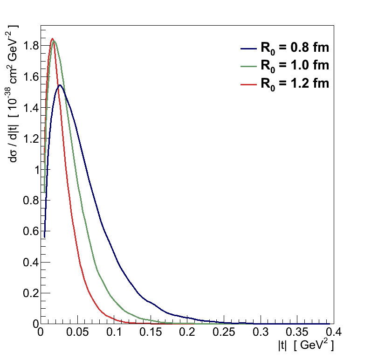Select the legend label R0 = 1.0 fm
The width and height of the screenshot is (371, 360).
tap(294, 65)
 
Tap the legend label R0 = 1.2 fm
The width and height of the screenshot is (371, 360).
tap(294, 83)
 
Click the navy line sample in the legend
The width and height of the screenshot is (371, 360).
tap(249, 48)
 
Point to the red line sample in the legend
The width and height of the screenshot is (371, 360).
tap(249, 84)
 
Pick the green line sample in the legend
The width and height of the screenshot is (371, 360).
tap(249, 66)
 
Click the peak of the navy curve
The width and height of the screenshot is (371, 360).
tap(60, 85)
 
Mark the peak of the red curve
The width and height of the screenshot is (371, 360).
tap(52, 39)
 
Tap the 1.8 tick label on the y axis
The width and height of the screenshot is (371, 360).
tap(30, 46)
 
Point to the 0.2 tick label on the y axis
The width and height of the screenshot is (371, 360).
tap(30, 293)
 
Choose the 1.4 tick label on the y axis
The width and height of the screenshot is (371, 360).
tap(30, 108)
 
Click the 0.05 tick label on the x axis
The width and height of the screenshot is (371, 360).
tap(77, 333)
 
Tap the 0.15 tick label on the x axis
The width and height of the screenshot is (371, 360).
tap(151, 333)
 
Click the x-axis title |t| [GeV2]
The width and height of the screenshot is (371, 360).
tap(306, 346)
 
